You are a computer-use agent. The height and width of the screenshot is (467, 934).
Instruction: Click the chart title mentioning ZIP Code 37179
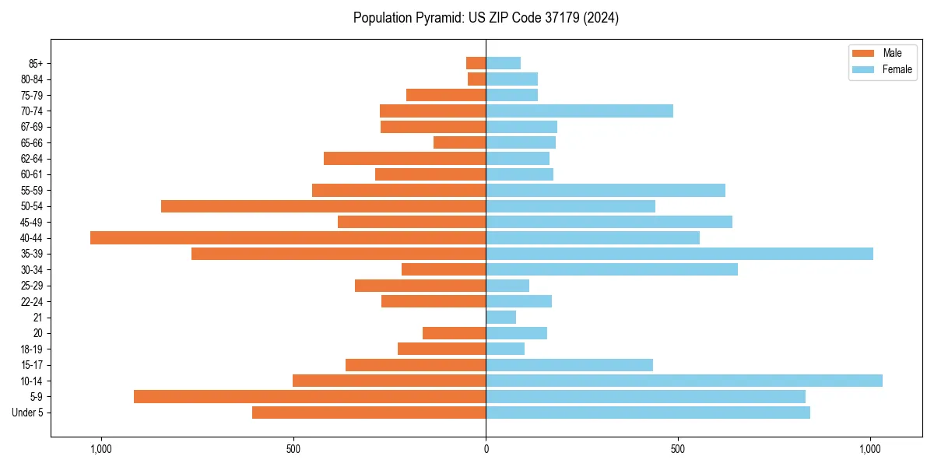click(486, 18)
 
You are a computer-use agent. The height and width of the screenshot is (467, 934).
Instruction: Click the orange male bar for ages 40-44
click(288, 237)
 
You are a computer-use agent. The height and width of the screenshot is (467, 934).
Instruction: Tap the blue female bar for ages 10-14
click(684, 381)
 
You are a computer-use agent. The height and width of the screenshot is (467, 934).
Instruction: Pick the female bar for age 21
click(501, 317)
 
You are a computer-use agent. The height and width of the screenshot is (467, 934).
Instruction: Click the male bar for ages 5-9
click(310, 396)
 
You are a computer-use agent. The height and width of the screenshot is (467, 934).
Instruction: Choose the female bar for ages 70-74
click(580, 111)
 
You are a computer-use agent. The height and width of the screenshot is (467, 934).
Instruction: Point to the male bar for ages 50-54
click(324, 206)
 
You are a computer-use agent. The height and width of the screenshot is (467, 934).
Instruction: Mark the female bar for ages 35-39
click(679, 254)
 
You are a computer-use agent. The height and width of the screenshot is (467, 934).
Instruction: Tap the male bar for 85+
click(476, 63)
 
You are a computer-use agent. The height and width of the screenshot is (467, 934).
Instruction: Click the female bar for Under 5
click(648, 413)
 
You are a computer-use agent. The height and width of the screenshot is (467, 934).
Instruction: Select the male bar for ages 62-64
click(405, 158)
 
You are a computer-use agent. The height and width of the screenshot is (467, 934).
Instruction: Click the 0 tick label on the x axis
click(486, 449)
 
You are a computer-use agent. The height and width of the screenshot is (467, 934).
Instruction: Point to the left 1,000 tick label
click(101, 449)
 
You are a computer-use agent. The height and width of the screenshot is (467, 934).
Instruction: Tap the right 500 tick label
click(678, 449)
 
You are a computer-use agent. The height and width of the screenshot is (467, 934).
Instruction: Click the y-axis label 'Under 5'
click(27, 413)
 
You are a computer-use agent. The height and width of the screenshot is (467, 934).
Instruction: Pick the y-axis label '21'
click(37, 317)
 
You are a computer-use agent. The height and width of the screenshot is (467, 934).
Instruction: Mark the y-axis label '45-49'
click(32, 222)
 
